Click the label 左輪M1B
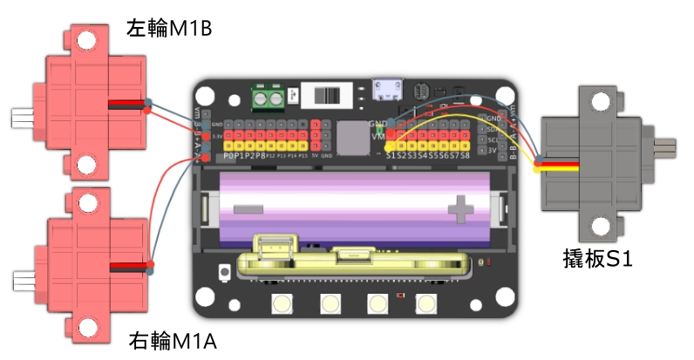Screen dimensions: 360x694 [x=170, y=31]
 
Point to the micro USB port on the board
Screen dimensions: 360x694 [x=386, y=90]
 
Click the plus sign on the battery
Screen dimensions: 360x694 [x=459, y=208]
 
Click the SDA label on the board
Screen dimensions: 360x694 [x=493, y=128]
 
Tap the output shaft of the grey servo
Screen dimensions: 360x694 [x=666, y=147]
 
